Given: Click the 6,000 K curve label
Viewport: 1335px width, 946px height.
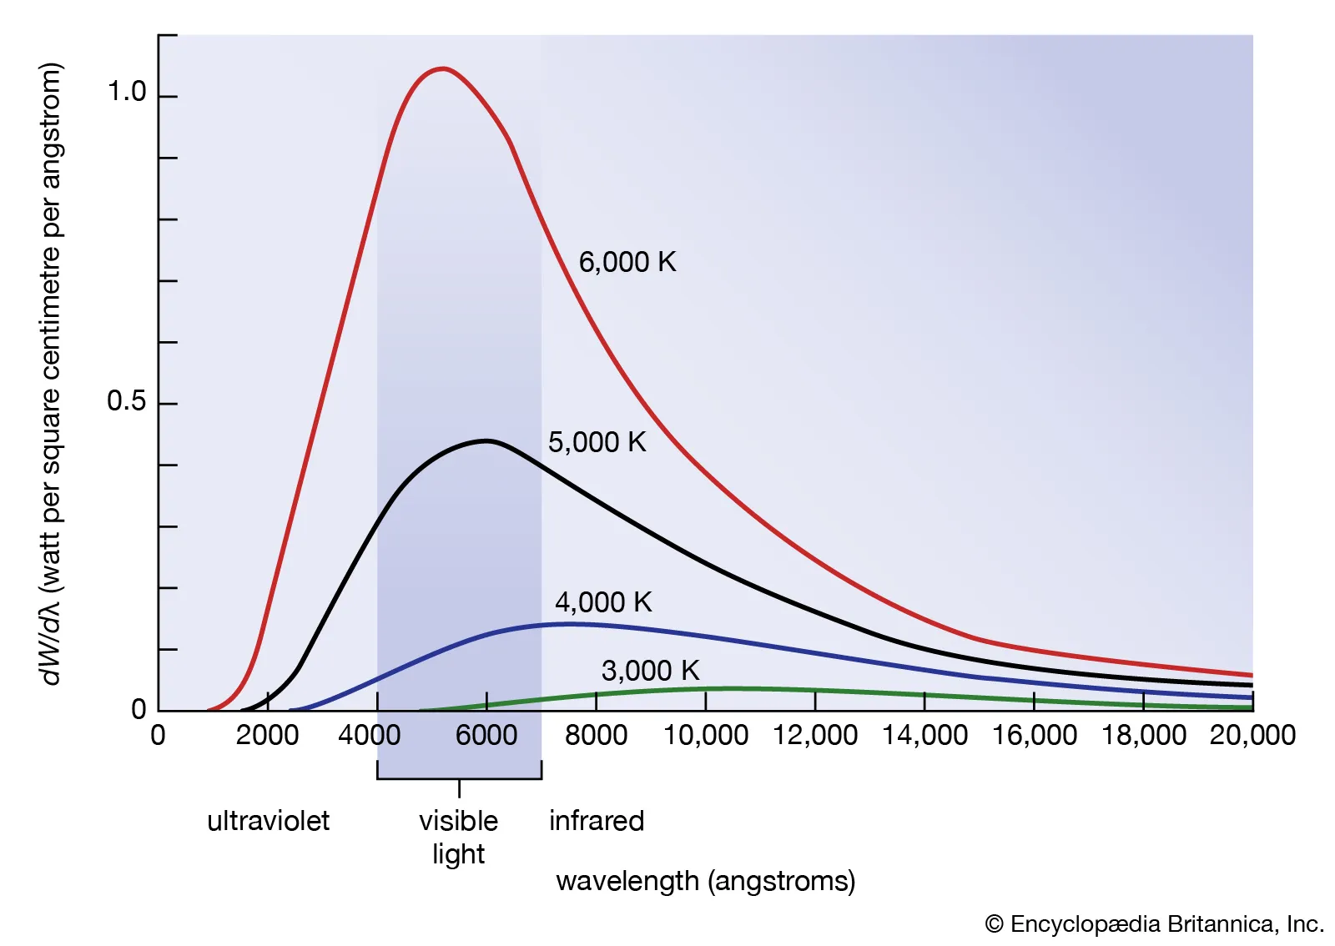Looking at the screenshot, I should click(x=627, y=262).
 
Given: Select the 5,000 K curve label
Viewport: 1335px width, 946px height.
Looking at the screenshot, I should click(x=597, y=442).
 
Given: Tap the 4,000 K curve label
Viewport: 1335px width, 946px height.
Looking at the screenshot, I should click(x=602, y=601).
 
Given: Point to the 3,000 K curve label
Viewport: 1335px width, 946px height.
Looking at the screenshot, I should click(x=650, y=670).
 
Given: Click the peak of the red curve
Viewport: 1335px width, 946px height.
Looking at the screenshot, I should click(x=442, y=68).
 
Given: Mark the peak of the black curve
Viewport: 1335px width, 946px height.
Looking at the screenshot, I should click(x=486, y=440).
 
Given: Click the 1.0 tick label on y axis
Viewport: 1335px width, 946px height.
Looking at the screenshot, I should click(x=127, y=92).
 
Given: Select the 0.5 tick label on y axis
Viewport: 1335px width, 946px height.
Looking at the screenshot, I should click(x=126, y=401).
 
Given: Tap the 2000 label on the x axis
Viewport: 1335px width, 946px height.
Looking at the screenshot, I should click(x=267, y=735).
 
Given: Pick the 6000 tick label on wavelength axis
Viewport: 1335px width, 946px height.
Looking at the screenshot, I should click(x=486, y=735).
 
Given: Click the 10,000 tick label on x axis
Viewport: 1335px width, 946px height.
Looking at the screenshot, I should click(x=705, y=735).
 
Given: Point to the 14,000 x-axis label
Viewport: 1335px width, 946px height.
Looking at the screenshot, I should click(x=924, y=735).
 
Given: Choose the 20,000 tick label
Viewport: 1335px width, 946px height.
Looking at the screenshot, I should click(x=1252, y=735).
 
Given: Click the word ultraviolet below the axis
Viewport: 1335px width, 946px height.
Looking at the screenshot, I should click(x=268, y=821).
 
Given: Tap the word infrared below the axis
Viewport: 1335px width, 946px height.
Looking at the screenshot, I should click(x=597, y=821).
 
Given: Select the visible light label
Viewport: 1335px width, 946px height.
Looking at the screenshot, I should click(x=458, y=837).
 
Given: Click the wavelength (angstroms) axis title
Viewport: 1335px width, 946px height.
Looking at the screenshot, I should click(x=705, y=881).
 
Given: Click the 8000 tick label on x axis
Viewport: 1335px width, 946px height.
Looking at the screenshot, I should click(x=596, y=735).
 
